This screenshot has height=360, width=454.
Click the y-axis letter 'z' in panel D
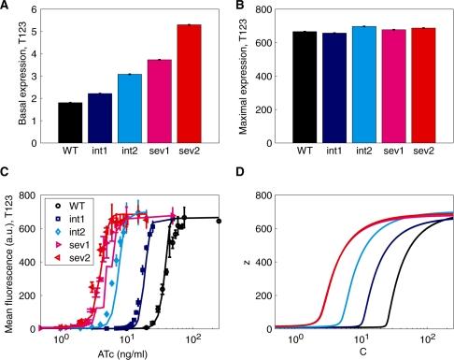(x=250, y=259)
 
